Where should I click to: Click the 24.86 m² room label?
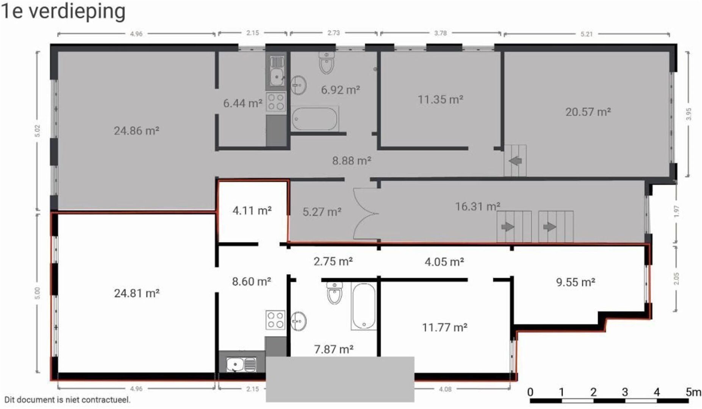[136, 131]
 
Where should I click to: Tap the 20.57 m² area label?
[588, 112]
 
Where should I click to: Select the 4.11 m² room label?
[252, 210]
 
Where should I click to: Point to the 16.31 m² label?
[477, 206]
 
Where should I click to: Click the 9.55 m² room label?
[575, 282]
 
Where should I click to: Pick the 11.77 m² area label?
[444, 327]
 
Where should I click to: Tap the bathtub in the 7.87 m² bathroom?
[364, 306]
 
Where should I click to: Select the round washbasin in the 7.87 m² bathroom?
[299, 321]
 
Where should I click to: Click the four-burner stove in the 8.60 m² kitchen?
[275, 320]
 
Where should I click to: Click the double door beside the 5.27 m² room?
[366, 214]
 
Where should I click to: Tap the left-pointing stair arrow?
[515, 161]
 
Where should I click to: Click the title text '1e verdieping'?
[63, 11]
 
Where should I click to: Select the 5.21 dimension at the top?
[586, 34]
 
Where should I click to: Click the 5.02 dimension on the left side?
[37, 131]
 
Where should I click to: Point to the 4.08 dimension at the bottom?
[445, 389]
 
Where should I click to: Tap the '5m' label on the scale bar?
[693, 392]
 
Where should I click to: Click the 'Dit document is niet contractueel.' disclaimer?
[67, 400]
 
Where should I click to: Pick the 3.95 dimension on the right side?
[689, 114]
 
